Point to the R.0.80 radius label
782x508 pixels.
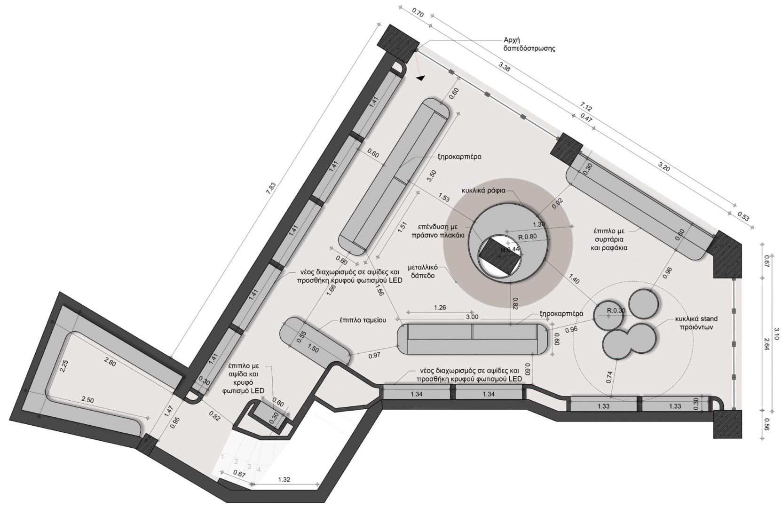[528, 237]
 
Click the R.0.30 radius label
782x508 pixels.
[616, 310]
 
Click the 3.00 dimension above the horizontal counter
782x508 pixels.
[472, 317]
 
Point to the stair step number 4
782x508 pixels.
[259, 468]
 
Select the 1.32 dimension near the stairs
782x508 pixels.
[284, 480]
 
